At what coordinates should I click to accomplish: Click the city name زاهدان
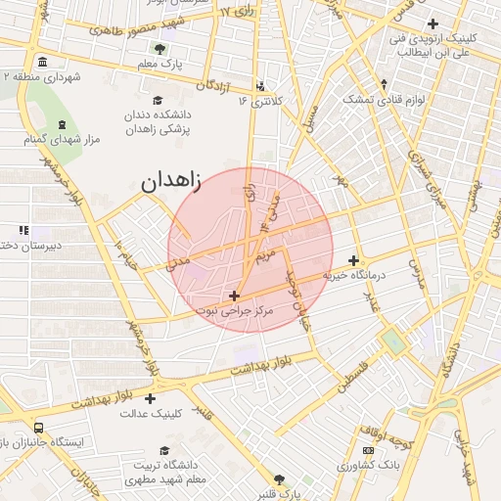(170, 182)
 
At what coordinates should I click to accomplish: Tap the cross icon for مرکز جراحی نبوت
(234, 295)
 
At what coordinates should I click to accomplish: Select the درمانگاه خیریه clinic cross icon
(353, 260)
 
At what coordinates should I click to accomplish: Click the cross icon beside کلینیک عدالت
(150, 398)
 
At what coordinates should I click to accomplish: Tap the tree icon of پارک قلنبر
(280, 479)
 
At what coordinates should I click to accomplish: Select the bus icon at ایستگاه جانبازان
(38, 428)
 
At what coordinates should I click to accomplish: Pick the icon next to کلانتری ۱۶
(259, 85)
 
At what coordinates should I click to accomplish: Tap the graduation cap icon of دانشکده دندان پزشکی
(159, 100)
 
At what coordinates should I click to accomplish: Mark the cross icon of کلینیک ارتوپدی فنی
(433, 23)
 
